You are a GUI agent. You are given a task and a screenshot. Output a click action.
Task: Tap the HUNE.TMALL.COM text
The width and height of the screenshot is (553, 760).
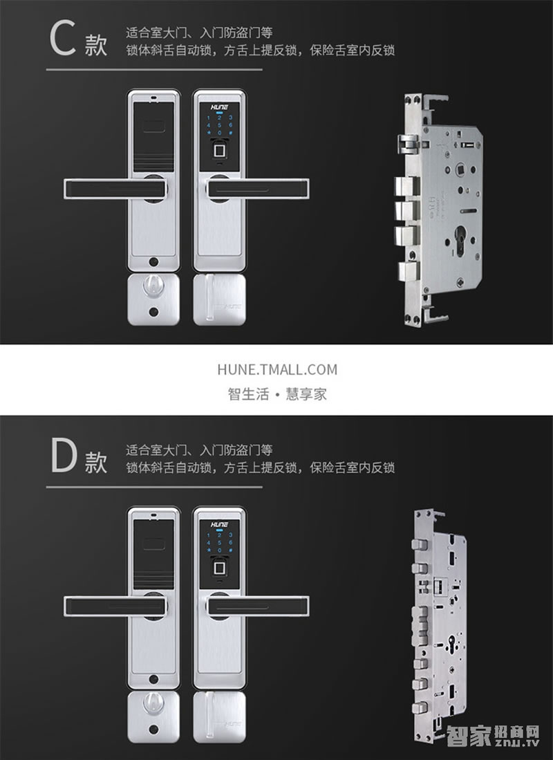(277, 369)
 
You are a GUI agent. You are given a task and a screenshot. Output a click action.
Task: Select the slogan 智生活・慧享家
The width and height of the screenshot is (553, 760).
(277, 395)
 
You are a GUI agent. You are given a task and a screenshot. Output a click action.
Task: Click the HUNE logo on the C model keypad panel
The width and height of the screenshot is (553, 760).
(220, 107)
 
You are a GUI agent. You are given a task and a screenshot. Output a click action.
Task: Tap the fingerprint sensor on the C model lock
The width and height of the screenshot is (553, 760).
(220, 151)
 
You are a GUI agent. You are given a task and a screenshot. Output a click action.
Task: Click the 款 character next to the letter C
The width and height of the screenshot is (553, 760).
(96, 46)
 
